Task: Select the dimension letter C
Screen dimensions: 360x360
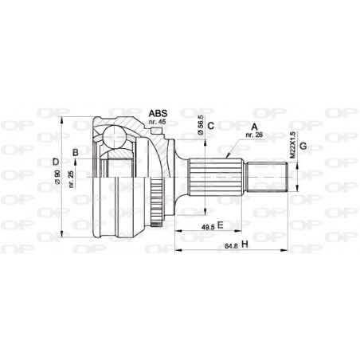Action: pos(210,126)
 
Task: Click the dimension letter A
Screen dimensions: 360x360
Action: pos(254,126)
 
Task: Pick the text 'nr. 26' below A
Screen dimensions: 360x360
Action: pos(254,135)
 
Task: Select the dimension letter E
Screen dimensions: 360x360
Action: pos(220,226)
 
